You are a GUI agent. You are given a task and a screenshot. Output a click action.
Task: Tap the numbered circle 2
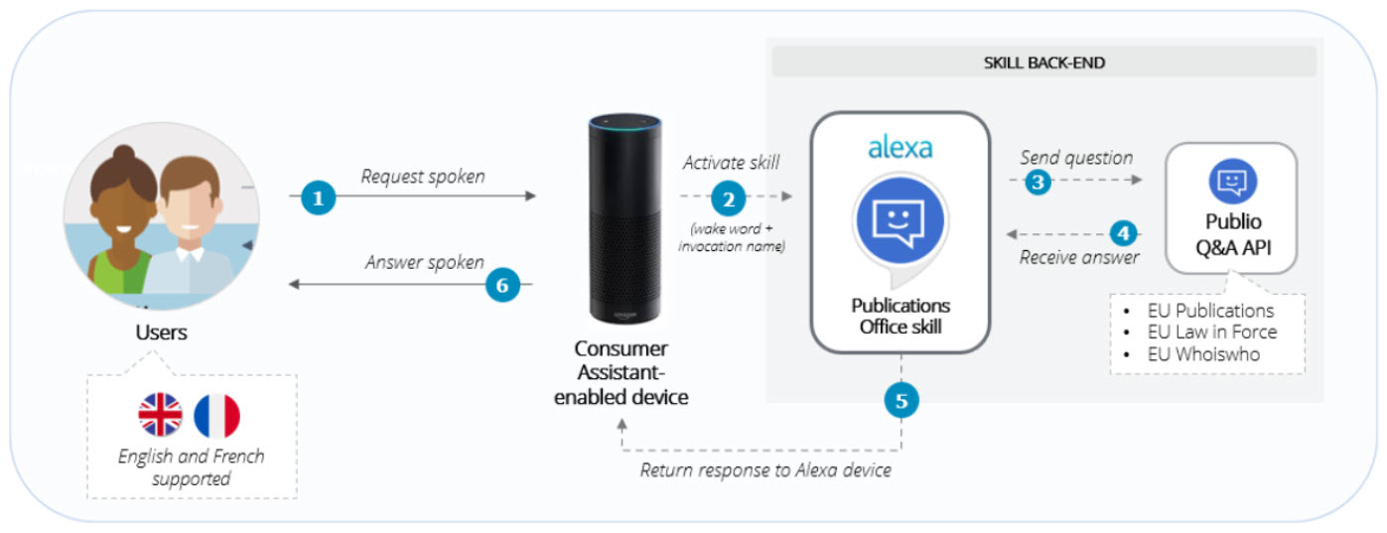coord(728,199)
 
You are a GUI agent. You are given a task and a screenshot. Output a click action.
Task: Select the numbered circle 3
coord(1038,181)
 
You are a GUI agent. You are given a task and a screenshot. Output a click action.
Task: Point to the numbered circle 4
coord(1122,234)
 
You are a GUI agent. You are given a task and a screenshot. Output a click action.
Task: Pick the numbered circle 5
coord(901,401)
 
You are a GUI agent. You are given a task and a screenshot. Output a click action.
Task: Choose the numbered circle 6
coord(502,286)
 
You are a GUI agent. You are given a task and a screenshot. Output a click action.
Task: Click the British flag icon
coord(161,415)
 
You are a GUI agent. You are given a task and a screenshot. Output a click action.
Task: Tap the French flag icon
coord(217,415)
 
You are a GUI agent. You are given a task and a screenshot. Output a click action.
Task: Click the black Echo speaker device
coord(624,218)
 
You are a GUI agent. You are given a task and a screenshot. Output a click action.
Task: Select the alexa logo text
coord(901,149)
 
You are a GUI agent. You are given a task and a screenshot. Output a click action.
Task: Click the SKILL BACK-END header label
coord(1043,63)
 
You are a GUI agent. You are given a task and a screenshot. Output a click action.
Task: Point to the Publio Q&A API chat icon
coord(1232,182)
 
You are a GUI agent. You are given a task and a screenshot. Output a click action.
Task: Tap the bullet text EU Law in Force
coord(1211,333)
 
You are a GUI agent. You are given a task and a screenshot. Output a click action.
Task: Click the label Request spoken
coord(423,177)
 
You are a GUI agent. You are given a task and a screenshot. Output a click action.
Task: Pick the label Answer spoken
coord(424,263)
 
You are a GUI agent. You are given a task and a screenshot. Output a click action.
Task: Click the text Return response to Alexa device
coord(765,470)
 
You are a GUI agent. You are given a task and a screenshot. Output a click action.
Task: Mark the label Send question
coord(1076,158)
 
